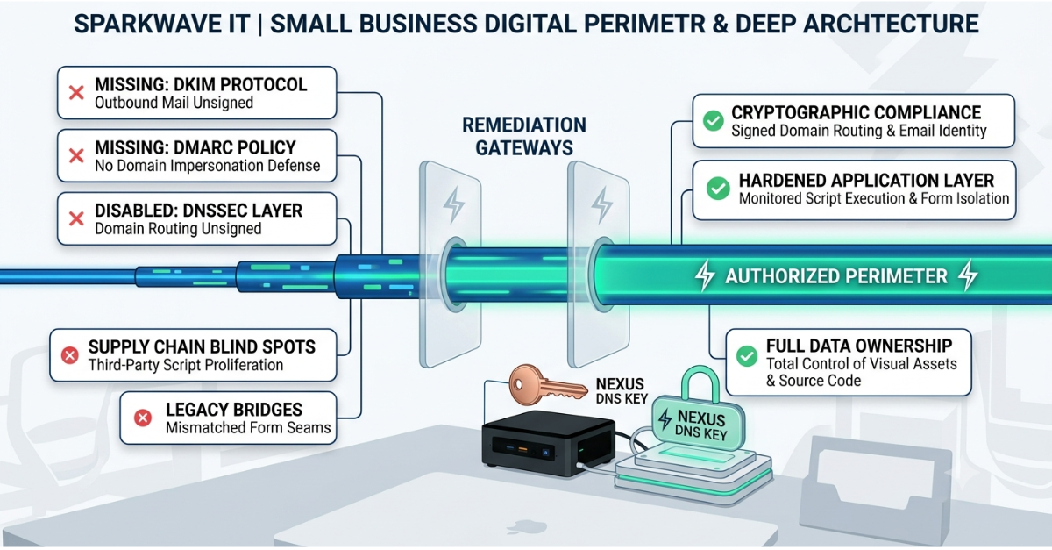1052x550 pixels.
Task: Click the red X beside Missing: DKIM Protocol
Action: click(76, 93)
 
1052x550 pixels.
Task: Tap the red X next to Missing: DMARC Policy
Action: click(76, 155)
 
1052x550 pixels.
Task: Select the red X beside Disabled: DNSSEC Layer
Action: click(76, 218)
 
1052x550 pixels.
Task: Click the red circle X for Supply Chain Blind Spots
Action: click(70, 355)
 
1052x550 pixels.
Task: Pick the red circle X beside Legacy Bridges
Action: click(143, 418)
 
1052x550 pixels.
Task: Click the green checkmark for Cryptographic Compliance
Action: click(713, 121)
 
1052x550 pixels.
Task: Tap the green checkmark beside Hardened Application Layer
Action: click(718, 189)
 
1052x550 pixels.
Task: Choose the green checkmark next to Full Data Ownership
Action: click(747, 356)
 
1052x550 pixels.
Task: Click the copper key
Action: click(548, 385)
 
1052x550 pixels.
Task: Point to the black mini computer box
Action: click(548, 443)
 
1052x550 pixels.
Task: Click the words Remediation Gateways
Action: click(524, 136)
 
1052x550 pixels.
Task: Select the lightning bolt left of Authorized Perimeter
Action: click(705, 276)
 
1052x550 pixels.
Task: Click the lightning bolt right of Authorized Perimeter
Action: click(969, 276)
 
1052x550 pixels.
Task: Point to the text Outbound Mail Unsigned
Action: click(174, 103)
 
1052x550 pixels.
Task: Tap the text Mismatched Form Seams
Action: click(248, 428)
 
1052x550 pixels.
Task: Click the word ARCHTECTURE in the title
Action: click(891, 24)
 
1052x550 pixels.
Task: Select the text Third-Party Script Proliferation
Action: click(186, 365)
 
